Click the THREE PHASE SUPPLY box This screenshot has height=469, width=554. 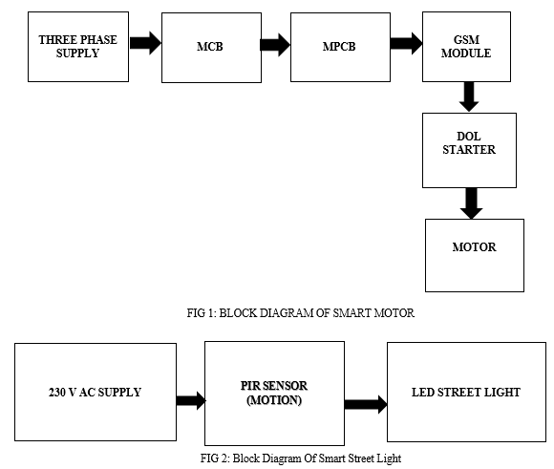pos(78,47)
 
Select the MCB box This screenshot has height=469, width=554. pos(211,48)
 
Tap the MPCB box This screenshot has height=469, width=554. pos(340,48)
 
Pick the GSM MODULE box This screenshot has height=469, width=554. pos(466,47)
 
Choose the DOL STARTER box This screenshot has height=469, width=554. pos(469,150)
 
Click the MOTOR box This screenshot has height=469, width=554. pos(475,255)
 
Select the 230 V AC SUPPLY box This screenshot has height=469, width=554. pos(96,392)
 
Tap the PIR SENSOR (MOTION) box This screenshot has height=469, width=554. pos(274,394)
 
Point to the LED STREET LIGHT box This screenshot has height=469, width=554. pos(466,392)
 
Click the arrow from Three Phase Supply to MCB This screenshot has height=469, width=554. pos(145,43)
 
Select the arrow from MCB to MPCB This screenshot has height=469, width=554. pos(275,45)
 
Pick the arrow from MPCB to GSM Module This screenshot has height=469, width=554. pos(406,44)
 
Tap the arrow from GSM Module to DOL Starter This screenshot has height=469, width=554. pos(469,96)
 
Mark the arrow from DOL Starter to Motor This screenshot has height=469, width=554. pos(471,203)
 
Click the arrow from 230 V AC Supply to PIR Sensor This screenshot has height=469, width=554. pos(191,401)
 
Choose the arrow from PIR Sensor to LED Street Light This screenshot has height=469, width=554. pos(366,404)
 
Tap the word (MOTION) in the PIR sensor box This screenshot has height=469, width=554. pos(274,400)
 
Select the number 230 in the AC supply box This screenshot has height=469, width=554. pos(57,393)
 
